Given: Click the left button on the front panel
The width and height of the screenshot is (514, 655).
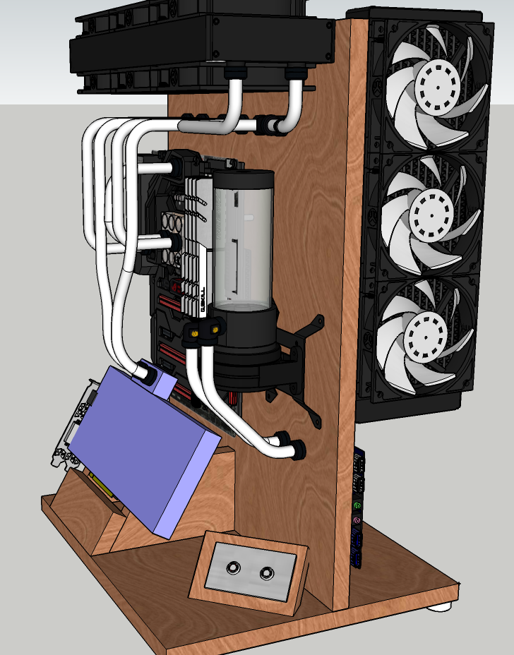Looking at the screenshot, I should click(x=232, y=568).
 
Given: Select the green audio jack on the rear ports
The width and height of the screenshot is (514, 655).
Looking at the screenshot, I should click(x=358, y=506).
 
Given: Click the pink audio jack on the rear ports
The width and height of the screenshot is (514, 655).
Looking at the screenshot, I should click(x=357, y=522).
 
